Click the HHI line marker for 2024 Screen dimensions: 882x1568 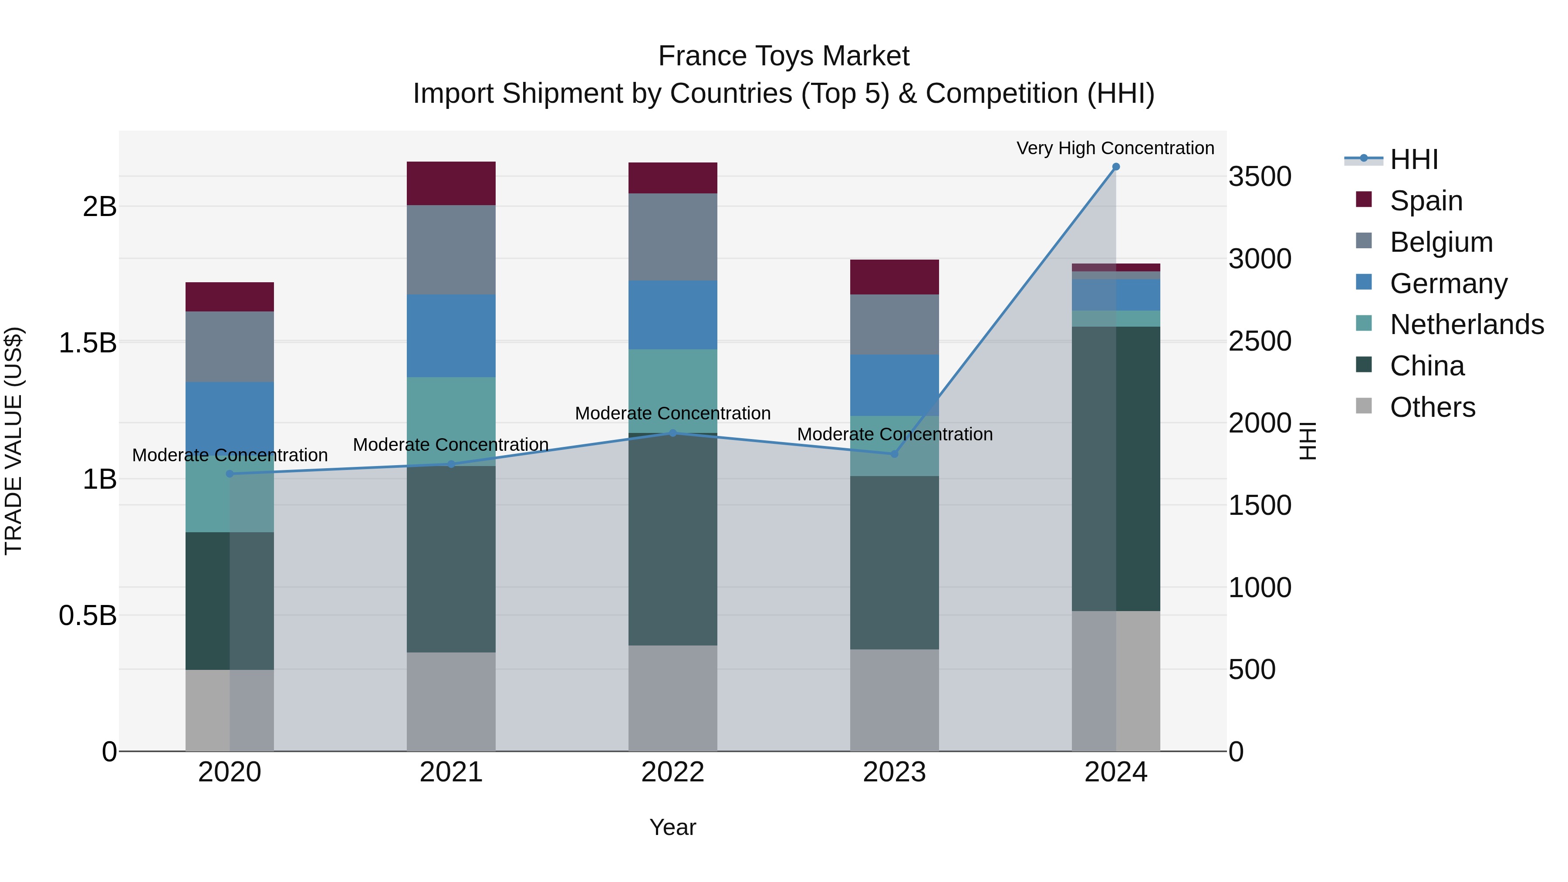point(1116,167)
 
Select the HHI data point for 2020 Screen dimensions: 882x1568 point(230,473)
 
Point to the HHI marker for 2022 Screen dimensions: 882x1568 point(672,433)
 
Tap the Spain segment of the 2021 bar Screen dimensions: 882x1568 point(451,183)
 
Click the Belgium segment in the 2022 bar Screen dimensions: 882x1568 point(672,237)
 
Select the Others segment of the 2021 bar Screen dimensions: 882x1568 point(451,701)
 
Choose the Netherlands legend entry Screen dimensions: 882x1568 point(1467,324)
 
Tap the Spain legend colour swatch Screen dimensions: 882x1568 point(1364,199)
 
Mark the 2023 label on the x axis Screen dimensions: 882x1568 point(894,772)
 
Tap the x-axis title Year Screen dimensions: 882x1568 point(672,827)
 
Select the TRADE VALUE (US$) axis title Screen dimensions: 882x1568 point(14,441)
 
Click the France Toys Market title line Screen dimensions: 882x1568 point(784,56)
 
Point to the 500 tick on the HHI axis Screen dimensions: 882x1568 point(1252,669)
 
